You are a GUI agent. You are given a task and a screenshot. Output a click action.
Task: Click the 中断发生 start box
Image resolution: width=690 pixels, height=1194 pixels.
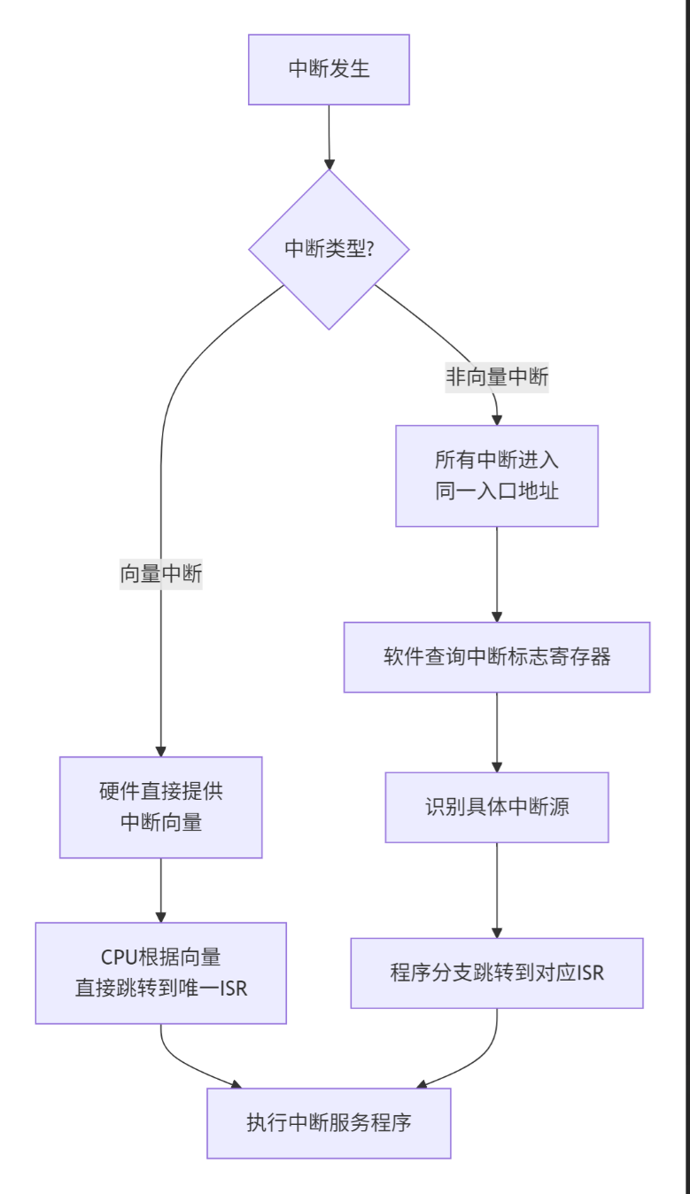click(x=329, y=69)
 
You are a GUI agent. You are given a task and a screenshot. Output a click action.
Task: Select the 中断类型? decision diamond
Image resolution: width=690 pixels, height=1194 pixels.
click(x=329, y=249)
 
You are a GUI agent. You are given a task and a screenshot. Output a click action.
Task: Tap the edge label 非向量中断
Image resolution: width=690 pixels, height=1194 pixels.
click(x=496, y=378)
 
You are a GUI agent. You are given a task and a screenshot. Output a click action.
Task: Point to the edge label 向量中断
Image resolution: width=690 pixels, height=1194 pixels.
click(x=161, y=574)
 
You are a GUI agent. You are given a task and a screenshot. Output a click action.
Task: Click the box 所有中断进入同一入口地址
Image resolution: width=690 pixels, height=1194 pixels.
click(x=496, y=476)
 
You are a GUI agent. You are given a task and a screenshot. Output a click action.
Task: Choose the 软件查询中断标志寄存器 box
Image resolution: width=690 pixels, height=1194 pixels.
click(x=496, y=657)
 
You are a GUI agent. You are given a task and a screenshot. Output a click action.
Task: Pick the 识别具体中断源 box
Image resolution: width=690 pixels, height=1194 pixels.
click(x=496, y=807)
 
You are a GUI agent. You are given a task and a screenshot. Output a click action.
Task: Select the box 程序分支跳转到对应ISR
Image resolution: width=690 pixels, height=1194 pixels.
click(x=496, y=973)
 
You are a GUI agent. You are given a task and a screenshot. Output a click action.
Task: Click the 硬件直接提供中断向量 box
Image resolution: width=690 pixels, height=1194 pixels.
click(x=161, y=807)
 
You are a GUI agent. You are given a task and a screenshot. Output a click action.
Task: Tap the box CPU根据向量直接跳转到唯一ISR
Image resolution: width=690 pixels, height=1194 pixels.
click(x=161, y=973)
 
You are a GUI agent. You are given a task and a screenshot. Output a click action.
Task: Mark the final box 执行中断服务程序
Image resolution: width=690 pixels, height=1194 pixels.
click(x=329, y=1123)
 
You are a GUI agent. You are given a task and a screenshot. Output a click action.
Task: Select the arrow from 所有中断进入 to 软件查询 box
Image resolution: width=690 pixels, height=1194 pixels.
click(x=496, y=574)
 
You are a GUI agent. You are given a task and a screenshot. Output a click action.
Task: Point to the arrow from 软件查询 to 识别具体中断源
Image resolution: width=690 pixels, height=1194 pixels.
click(x=496, y=732)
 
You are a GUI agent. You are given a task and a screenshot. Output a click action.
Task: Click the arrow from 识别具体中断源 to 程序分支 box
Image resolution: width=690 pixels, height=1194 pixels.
click(x=496, y=889)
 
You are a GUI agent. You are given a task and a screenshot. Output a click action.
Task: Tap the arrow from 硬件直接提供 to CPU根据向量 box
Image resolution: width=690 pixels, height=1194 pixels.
click(x=161, y=889)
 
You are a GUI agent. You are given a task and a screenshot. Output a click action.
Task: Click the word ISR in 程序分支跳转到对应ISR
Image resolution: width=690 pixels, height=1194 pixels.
click(x=590, y=973)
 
